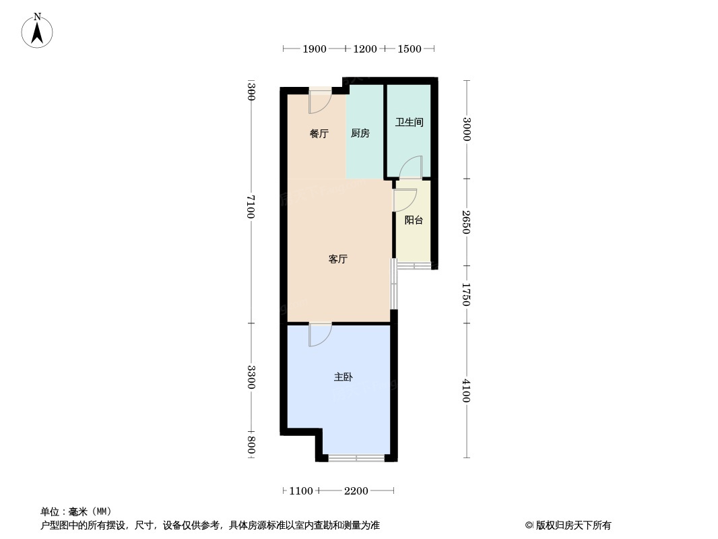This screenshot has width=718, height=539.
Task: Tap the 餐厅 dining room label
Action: pyautogui.click(x=319, y=133)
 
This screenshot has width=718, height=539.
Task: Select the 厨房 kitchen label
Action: pyautogui.click(x=360, y=133)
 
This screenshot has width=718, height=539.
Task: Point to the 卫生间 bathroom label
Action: pyautogui.click(x=409, y=122)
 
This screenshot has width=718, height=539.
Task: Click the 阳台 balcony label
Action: pyautogui.click(x=414, y=220)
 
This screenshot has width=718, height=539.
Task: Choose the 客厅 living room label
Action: pyautogui.click(x=337, y=259)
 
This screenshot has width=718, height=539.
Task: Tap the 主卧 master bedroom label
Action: pyautogui.click(x=343, y=377)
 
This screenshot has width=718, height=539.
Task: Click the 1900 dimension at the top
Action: pyautogui.click(x=315, y=49)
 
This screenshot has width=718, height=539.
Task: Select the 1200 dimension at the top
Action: pyautogui.click(x=365, y=49)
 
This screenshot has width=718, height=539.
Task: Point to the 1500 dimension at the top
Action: pyautogui.click(x=410, y=49)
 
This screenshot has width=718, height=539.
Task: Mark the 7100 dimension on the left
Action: pyautogui.click(x=251, y=206)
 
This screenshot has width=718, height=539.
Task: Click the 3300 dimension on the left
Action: pyautogui.click(x=251, y=377)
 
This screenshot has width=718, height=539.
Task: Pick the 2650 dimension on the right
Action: pyautogui.click(x=466, y=222)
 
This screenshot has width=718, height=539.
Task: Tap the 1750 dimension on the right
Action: pyautogui.click(x=466, y=294)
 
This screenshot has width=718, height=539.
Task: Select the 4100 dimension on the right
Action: pyautogui.click(x=466, y=391)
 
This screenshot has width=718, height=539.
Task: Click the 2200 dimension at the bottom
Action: pyautogui.click(x=356, y=491)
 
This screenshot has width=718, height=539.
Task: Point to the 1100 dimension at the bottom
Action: pyautogui.click(x=301, y=491)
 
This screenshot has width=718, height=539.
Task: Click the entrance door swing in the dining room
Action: pyautogui.click(x=319, y=102)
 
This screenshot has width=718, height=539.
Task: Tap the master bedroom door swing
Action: pyautogui.click(x=320, y=335)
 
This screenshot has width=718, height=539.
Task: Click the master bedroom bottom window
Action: pyautogui.click(x=356, y=458)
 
